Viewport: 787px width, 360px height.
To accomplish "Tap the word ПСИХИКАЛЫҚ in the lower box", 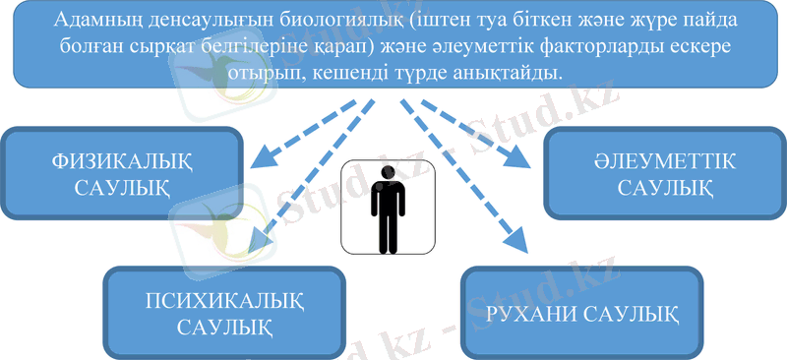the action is click(224, 299).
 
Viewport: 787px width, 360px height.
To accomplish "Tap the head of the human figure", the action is click(387, 172).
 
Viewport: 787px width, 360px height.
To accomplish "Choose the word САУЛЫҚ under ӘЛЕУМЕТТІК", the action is click(666, 187).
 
